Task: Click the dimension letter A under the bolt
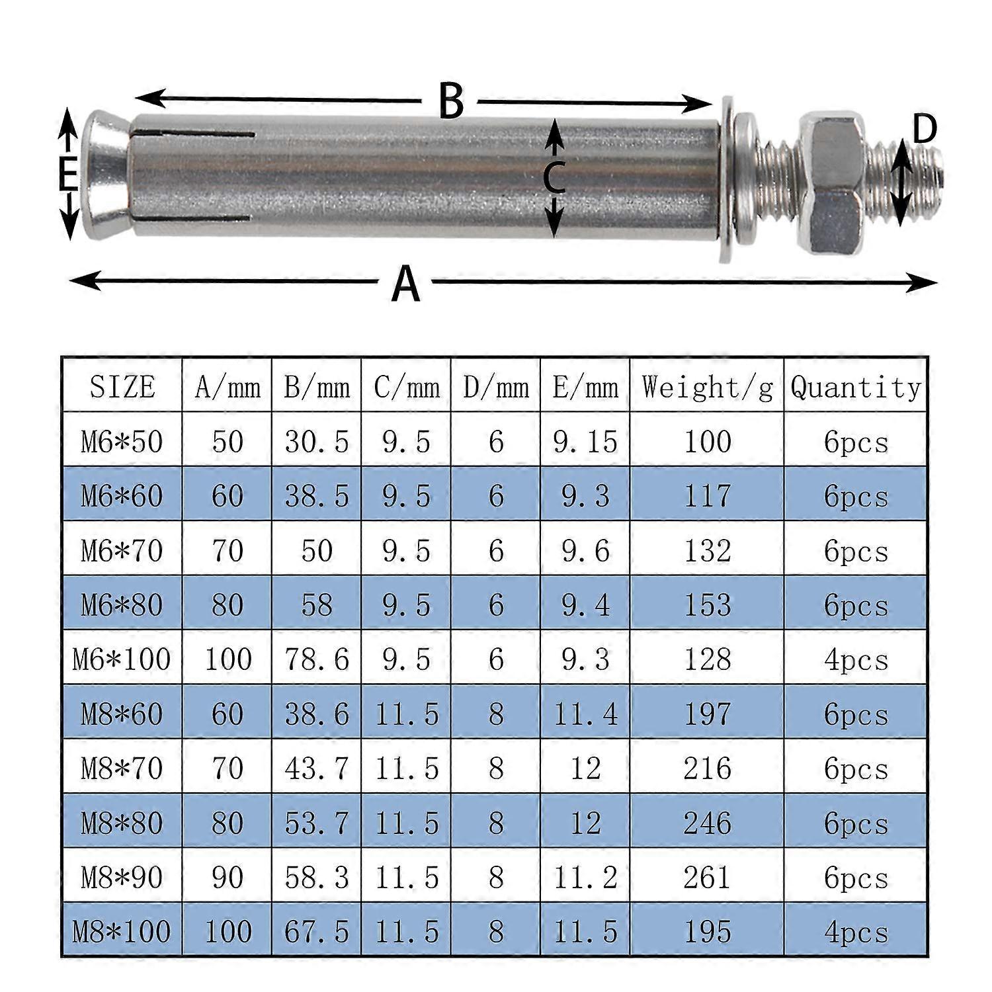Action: tap(405, 283)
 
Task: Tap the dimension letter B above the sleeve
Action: tap(451, 101)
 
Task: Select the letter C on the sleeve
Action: tap(554, 178)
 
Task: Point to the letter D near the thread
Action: tap(925, 130)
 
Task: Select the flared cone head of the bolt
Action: tap(106, 175)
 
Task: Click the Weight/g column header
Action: tap(706, 387)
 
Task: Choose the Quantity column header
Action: tap(855, 387)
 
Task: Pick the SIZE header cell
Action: tap(122, 387)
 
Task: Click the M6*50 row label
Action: tap(122, 442)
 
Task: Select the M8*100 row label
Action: tap(122, 932)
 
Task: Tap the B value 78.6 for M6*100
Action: tap(316, 659)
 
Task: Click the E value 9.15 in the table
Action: tap(585, 442)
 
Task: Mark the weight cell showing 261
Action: tap(706, 878)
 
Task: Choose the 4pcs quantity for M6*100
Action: tap(855, 659)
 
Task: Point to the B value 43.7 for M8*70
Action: tap(316, 768)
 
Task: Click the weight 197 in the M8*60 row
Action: tap(706, 714)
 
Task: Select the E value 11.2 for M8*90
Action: tap(585, 878)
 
